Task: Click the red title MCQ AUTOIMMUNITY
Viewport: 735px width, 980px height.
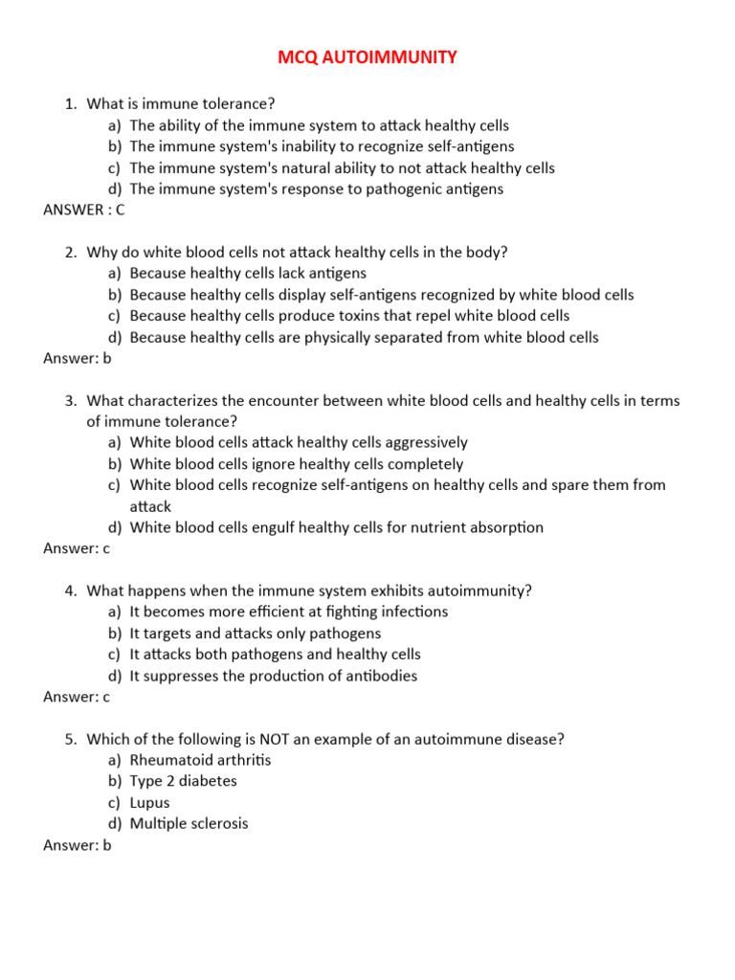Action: point(367,58)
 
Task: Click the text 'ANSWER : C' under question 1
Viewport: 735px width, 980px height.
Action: point(84,211)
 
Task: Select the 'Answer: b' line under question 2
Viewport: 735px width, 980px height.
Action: point(78,359)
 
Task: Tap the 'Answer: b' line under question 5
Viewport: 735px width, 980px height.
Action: point(78,845)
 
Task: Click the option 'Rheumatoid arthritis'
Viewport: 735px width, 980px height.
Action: point(200,760)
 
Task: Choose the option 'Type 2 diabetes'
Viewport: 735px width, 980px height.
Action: point(183,781)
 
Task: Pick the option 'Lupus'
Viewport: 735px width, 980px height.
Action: point(149,803)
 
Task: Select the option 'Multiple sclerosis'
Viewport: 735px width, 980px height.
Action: point(189,824)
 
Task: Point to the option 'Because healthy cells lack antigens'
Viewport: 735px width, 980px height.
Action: point(248,274)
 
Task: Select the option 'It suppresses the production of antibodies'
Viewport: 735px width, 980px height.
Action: point(274,676)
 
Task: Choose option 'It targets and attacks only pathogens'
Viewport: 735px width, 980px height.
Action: point(255,634)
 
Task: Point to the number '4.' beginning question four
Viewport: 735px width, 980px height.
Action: point(71,590)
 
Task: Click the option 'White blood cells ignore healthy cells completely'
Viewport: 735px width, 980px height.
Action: point(297,464)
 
